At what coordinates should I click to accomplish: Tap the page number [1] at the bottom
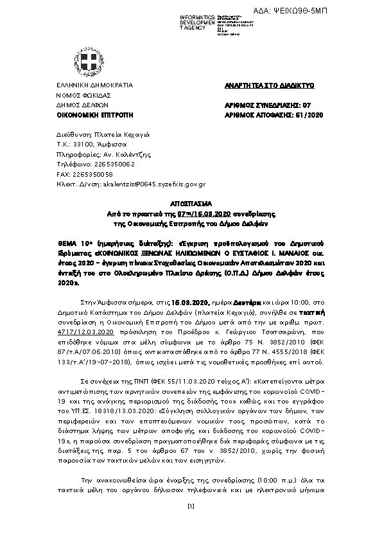pyautogui.click(x=190, y=508)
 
